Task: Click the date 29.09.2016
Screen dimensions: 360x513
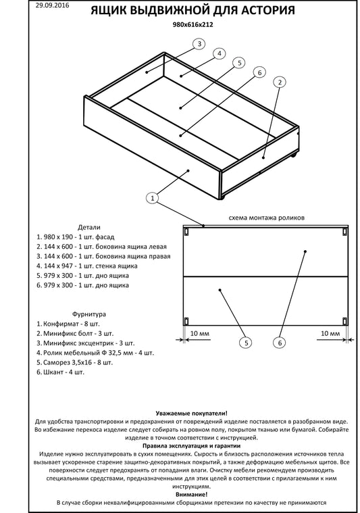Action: coord(52,5)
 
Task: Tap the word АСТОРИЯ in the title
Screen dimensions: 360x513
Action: coord(268,10)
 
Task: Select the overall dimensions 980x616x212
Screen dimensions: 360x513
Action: coord(192,24)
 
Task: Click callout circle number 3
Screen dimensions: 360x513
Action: coord(199,44)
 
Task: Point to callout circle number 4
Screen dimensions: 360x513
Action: coord(220,53)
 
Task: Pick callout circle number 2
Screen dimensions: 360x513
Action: coord(280,82)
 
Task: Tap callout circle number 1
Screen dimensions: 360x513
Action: coord(153,198)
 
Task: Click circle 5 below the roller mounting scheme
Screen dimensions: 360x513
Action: coord(246,343)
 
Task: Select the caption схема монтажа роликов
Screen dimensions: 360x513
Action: coord(267,218)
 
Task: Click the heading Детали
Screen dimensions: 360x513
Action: coord(89,227)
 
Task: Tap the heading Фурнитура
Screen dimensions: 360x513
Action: coord(89,314)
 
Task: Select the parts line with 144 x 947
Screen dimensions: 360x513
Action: coord(87,266)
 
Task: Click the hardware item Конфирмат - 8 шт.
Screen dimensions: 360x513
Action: coord(68,324)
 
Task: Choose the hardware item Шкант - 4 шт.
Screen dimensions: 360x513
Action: coord(60,372)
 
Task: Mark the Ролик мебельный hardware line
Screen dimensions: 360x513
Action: coord(95,353)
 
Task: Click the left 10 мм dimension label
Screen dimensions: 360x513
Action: coord(199,333)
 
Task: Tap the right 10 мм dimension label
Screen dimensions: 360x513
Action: coord(330,333)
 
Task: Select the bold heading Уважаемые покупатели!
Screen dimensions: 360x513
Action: coord(192,413)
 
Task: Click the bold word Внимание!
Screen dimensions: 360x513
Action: coord(192,494)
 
